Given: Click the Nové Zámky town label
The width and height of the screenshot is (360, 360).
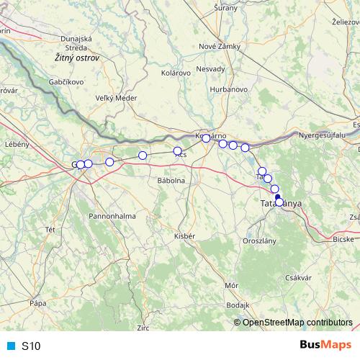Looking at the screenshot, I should tap(220, 47).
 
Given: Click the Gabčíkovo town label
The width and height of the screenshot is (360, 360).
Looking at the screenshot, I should tap(68, 82).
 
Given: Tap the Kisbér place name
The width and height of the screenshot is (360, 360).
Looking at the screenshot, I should tap(185, 235).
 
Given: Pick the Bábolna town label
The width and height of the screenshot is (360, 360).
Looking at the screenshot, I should tap(171, 181).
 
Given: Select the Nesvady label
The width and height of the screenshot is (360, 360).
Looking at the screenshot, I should tap(210, 69).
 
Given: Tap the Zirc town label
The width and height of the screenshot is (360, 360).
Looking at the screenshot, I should tap(143, 328).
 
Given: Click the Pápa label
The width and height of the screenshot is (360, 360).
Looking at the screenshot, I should tap(37, 305).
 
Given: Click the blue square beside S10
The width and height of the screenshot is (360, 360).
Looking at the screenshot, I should tap(10, 346).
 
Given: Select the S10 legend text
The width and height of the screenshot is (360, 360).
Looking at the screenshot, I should tap(31, 346).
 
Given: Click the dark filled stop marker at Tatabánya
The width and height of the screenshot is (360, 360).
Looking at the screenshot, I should tap(278, 197).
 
